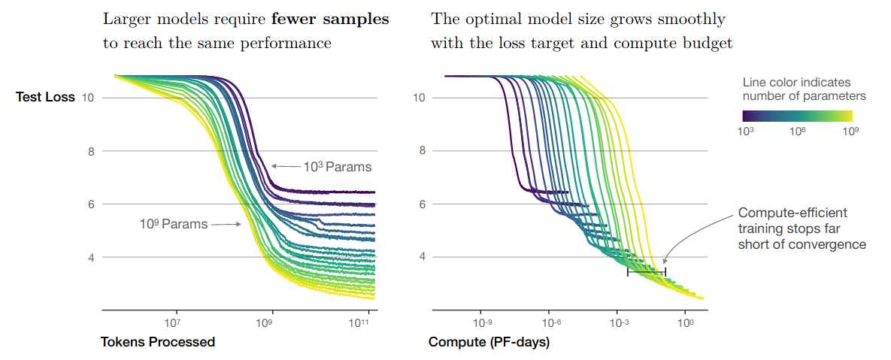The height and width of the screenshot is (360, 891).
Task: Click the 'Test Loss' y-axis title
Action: (45, 97)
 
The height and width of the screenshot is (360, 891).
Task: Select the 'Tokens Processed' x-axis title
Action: (158, 342)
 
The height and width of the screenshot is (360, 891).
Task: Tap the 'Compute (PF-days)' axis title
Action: (489, 342)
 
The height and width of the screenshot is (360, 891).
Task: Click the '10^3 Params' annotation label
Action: (338, 165)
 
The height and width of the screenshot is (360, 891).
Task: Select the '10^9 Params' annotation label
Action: (173, 223)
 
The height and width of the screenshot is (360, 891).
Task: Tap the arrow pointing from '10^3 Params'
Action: (285, 165)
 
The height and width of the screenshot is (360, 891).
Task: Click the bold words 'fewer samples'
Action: (340, 20)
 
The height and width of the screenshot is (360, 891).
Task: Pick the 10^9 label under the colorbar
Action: (850, 130)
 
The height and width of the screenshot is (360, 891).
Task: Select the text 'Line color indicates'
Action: (796, 82)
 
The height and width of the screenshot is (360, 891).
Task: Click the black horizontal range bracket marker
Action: (646, 271)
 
